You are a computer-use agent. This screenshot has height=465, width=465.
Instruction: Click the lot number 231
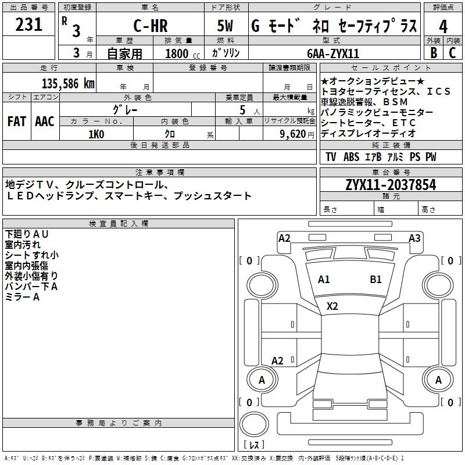coord(28,24)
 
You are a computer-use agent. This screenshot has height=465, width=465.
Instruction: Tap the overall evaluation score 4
coord(443,26)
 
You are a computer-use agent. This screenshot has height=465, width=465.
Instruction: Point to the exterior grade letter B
coord(433,52)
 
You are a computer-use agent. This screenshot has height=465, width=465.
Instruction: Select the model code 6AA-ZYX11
coord(333,53)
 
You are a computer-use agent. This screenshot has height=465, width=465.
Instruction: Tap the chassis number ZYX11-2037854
coord(390,185)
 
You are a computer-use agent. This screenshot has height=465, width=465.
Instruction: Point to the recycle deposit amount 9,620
coord(295,134)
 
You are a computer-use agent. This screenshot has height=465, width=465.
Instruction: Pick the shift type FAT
coord(17,121)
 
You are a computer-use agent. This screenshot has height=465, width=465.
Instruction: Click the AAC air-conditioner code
coord(45,121)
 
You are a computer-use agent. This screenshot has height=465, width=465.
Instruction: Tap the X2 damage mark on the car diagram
coord(332,306)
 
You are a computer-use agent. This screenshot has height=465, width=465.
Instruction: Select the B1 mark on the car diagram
coord(376,279)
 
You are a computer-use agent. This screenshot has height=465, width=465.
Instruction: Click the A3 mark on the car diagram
coord(414,238)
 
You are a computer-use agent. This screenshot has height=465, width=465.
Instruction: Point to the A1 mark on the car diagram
coord(324,279)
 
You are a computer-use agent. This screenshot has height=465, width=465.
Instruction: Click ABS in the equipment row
coord(351,157)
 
